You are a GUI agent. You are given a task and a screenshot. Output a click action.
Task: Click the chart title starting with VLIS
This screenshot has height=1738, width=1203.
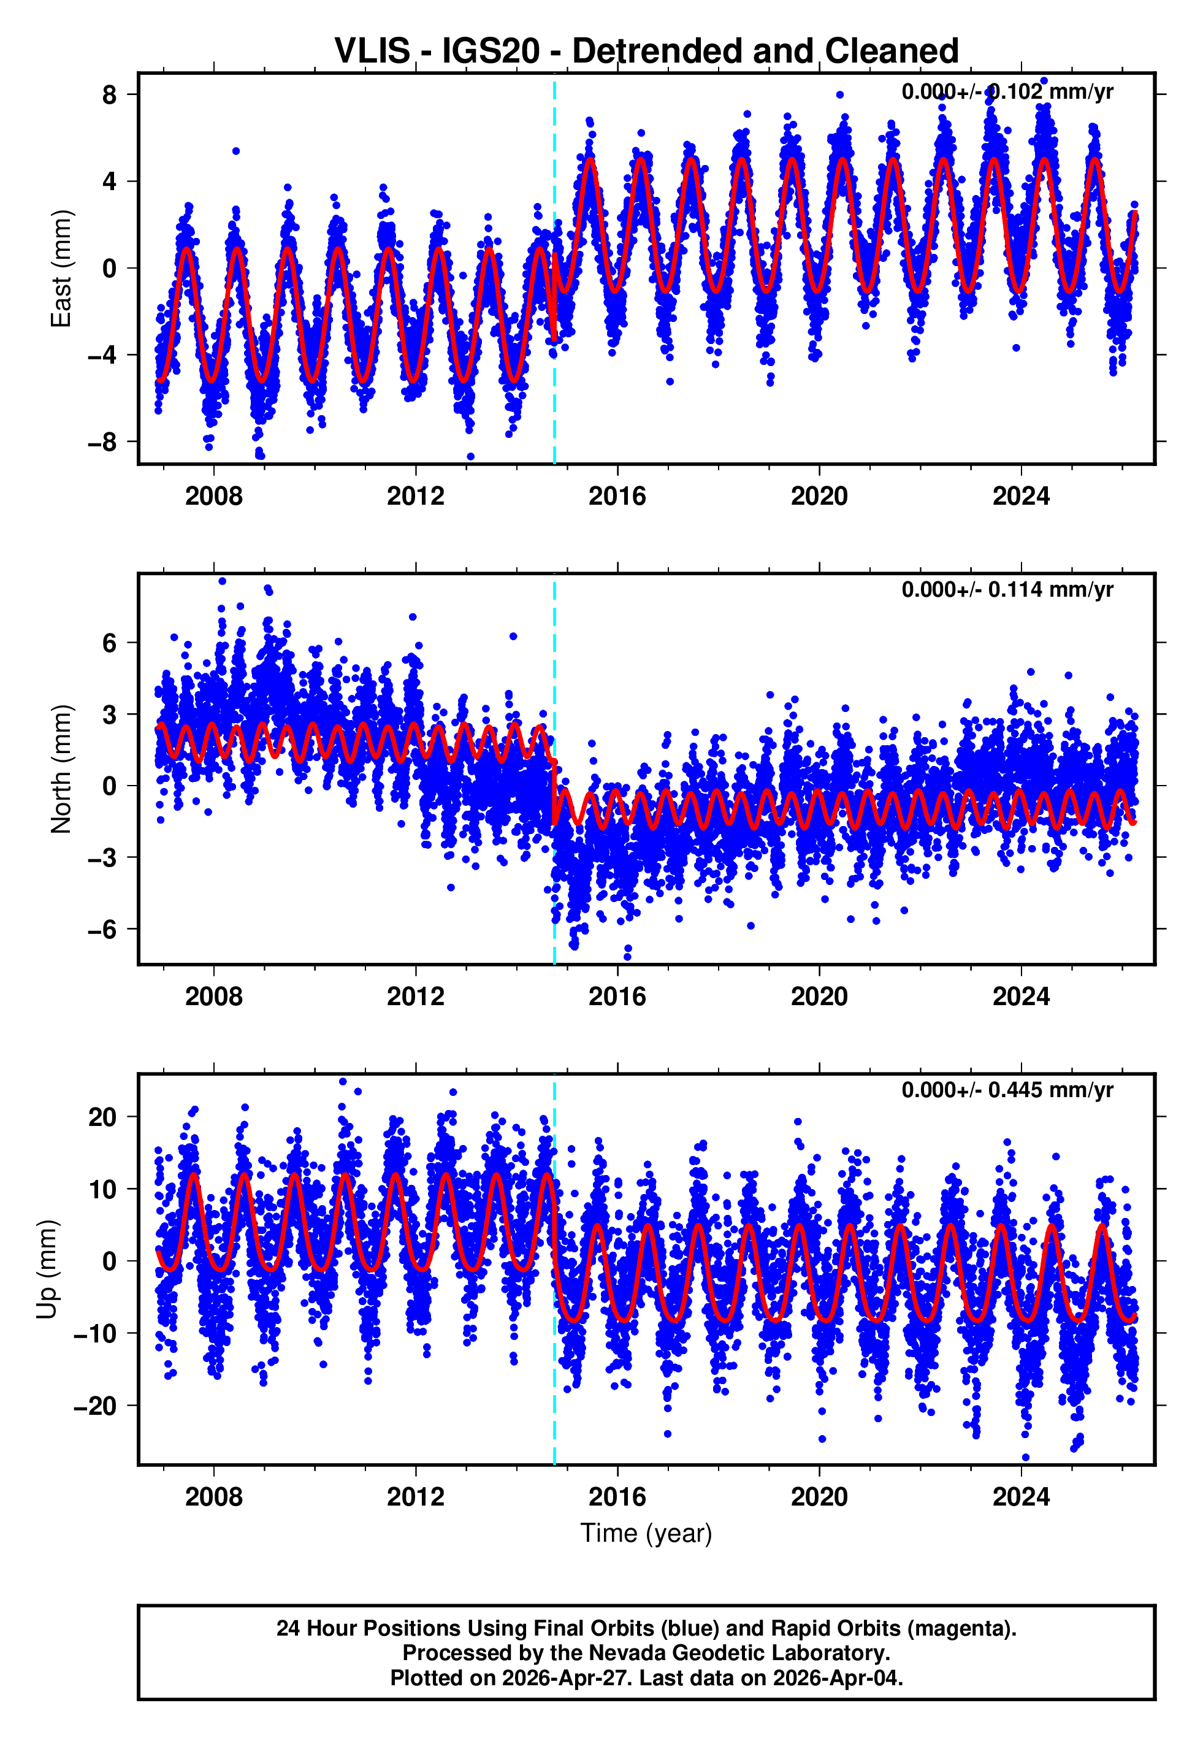point(646,52)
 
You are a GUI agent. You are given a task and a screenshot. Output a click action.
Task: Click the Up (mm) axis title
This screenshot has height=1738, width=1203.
point(47,1269)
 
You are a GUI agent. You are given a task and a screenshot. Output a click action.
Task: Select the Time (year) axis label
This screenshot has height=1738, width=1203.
point(646,1534)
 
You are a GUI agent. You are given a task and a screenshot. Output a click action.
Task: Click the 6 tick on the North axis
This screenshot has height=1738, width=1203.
point(110,643)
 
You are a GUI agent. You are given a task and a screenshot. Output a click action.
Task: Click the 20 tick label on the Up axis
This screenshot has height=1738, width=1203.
point(102,1117)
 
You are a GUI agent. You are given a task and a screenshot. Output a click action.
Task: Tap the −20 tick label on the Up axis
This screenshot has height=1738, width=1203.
point(95,1406)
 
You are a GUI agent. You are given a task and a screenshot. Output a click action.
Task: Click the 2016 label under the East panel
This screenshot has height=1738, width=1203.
point(617,496)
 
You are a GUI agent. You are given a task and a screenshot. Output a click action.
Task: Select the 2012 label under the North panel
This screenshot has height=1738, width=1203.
point(415,997)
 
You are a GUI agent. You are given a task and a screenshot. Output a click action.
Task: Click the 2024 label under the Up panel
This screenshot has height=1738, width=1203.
point(1021,1497)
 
